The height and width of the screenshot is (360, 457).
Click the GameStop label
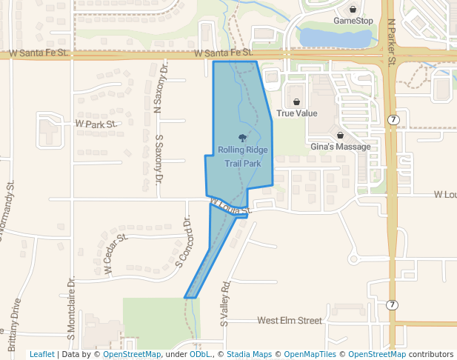(353, 21)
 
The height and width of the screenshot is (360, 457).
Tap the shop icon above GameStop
(353, 10)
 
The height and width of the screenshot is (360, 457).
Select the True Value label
(297, 113)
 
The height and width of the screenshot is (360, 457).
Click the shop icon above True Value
(297, 102)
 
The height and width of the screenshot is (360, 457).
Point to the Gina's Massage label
(340, 147)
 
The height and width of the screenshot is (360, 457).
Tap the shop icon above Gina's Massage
(340, 136)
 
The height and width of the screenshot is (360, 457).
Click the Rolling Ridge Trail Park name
(243, 156)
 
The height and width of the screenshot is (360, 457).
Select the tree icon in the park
(242, 137)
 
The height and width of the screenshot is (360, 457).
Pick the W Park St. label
(96, 124)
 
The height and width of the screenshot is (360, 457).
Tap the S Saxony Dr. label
(159, 156)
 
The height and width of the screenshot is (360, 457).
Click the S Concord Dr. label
(184, 242)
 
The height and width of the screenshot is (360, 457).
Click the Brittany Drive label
(13, 324)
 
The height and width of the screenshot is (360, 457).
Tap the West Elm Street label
(290, 321)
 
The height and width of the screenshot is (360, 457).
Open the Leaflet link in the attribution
(41, 354)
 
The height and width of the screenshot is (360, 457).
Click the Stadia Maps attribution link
(247, 354)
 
